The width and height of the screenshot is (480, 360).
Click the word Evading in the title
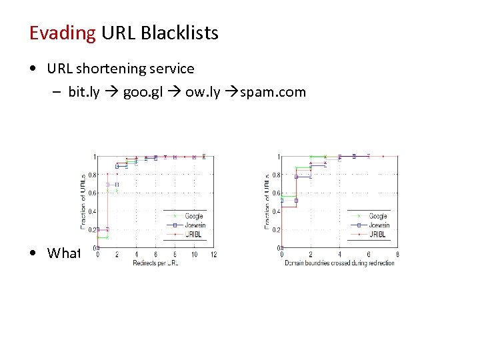coord(63,33)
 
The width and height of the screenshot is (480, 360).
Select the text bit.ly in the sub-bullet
coord(83,92)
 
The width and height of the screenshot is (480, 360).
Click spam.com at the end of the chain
coord(273,92)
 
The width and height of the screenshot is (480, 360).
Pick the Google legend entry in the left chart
coord(193,216)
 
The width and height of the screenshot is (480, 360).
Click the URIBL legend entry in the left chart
coord(193,235)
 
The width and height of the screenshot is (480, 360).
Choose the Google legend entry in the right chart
coord(377,216)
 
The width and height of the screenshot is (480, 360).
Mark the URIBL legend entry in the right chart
coord(377,235)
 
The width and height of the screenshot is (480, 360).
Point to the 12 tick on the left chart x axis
coord(213,254)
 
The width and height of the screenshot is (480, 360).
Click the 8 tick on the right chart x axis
coord(397,254)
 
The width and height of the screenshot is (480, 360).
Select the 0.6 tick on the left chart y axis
coord(91,193)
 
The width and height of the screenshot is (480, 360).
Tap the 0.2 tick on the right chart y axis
coord(275,230)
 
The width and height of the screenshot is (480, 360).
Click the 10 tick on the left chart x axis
coord(194,254)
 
